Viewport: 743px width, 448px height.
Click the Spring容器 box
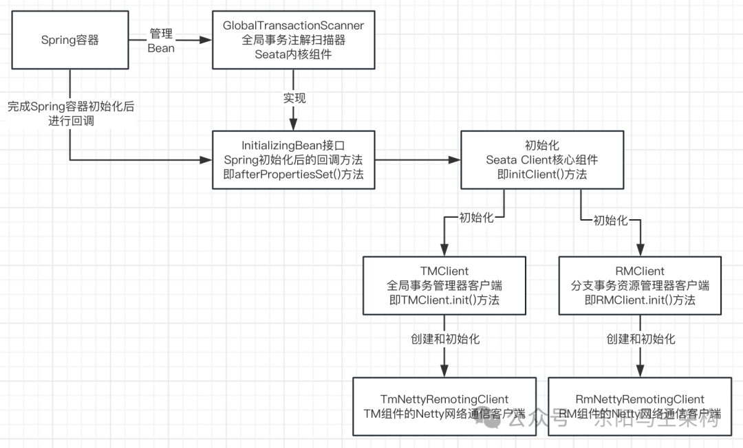tap(69, 40)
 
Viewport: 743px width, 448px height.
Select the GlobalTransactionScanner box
tap(294, 40)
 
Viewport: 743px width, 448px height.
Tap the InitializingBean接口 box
tap(294, 160)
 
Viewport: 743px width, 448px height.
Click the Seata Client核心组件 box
tap(542, 160)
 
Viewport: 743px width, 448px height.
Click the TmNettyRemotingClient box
tap(444, 406)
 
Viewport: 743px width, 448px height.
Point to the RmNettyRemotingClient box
tap(640, 406)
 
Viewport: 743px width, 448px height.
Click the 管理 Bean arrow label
tap(161, 41)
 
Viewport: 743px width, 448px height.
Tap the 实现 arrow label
tap(294, 98)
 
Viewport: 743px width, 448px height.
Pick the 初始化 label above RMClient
tap(610, 221)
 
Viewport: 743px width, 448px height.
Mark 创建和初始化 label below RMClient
tap(640, 339)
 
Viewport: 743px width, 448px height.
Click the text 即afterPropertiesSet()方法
tap(294, 175)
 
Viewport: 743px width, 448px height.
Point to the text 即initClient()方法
tap(542, 175)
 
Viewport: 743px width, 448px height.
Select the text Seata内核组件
tap(294, 54)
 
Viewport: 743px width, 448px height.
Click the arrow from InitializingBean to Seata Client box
tap(418, 161)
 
